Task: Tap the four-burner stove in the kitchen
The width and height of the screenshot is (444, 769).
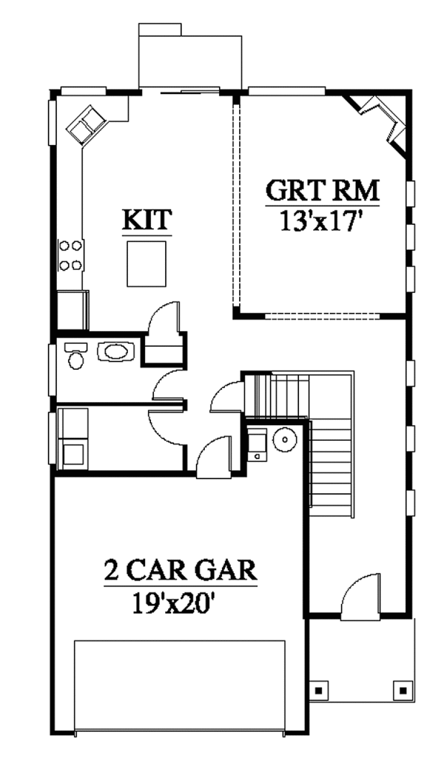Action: (x=70, y=255)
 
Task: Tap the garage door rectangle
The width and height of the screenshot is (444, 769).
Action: (x=180, y=685)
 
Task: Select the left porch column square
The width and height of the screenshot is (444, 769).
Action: (x=319, y=691)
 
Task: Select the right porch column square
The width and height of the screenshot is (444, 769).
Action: (x=403, y=691)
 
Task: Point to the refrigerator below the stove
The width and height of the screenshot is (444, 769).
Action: (x=73, y=310)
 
